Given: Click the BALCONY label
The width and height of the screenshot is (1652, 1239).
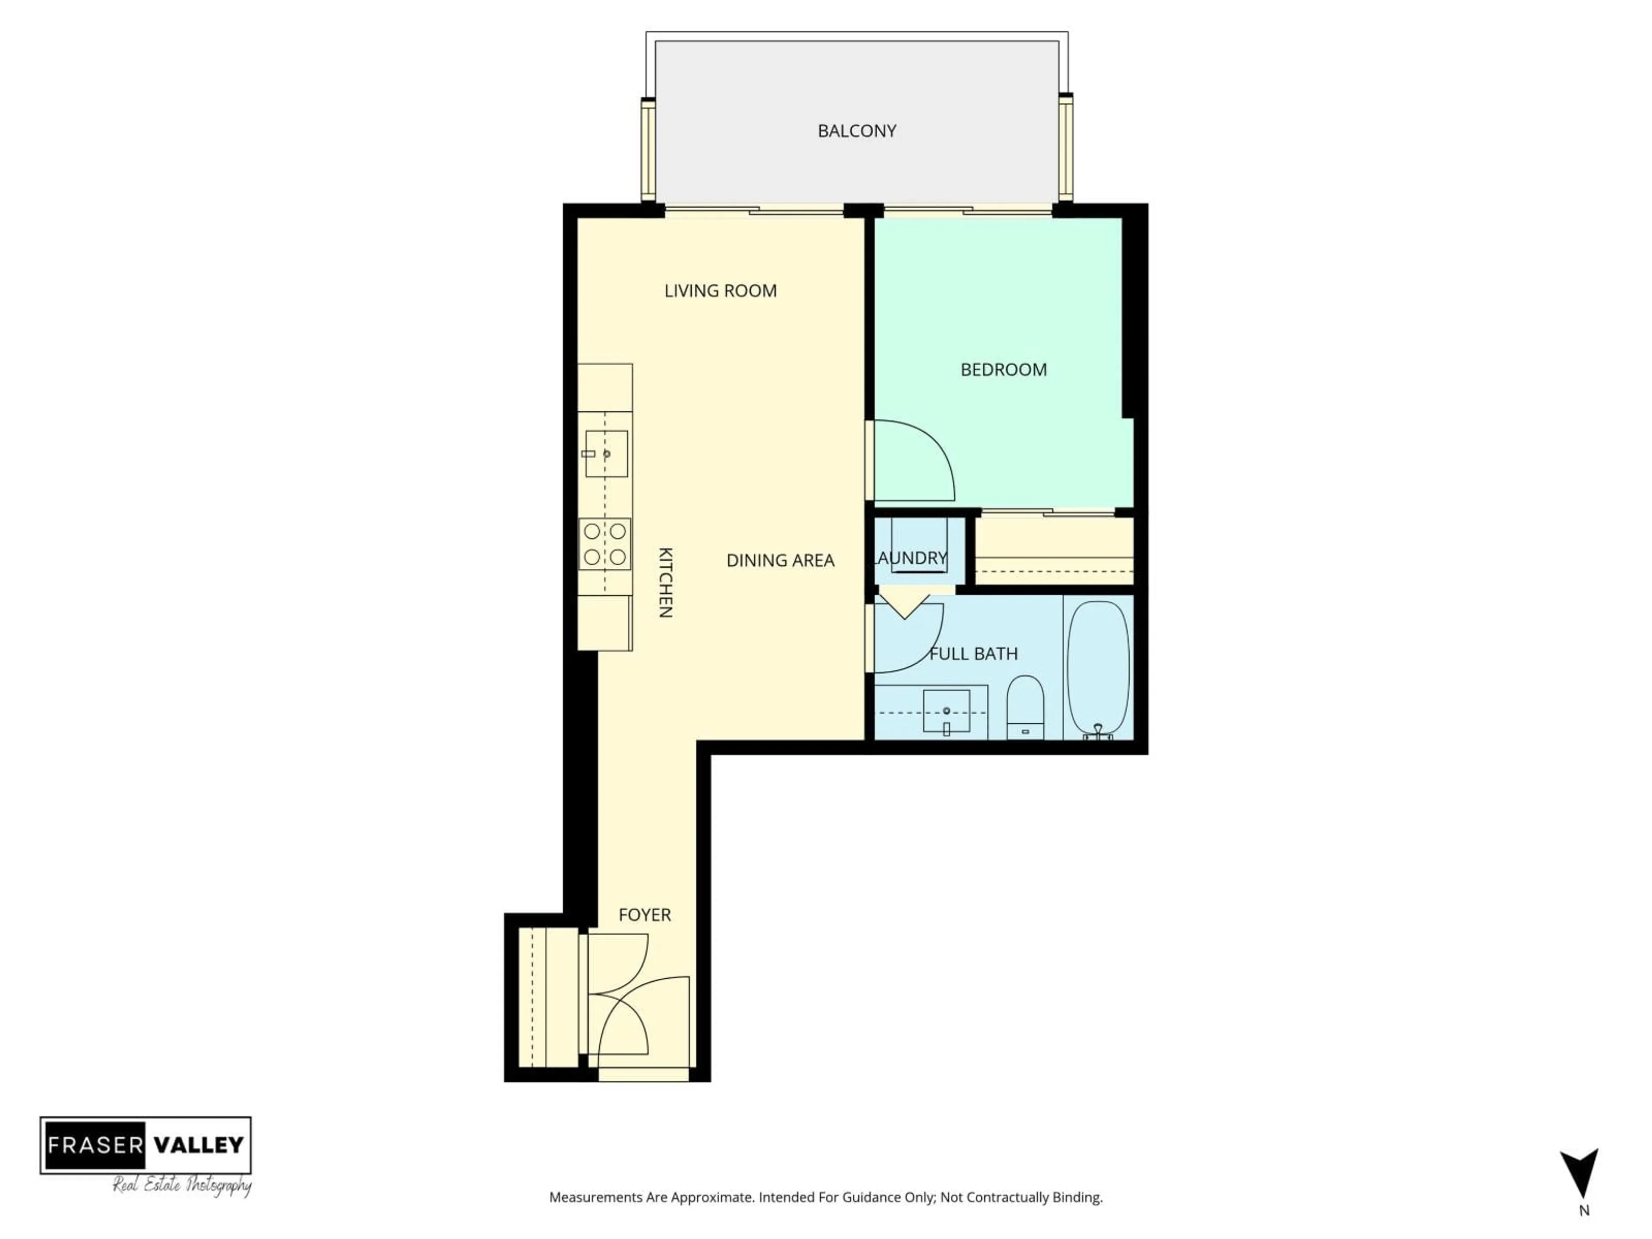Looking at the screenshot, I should point(857,131).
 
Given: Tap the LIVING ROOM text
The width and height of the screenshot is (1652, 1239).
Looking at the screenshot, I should point(720,290).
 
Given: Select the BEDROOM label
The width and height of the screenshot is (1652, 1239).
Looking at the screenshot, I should point(1003,370).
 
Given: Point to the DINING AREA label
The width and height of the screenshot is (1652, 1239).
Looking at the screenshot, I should point(780,560).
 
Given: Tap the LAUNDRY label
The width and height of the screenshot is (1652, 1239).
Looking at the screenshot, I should point(911,558).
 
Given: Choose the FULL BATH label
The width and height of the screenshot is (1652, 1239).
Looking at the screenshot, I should point(973,653).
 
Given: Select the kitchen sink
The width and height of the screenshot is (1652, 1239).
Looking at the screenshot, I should point(606,453).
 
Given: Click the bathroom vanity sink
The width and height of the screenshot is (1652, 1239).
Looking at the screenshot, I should point(946,711).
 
